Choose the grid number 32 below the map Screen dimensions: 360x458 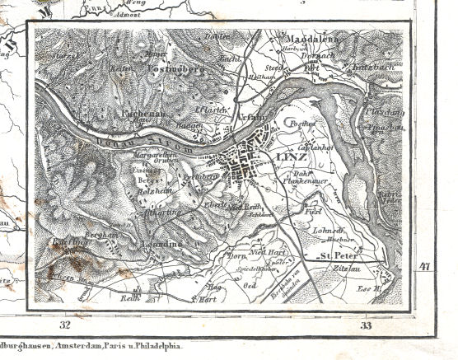coord(64,327)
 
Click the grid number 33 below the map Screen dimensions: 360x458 coord(366,327)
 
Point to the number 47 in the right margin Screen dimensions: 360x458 coord(424,266)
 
